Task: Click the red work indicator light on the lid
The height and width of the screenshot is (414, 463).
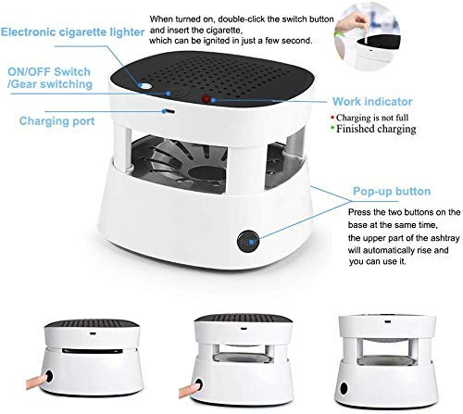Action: pos(205,97)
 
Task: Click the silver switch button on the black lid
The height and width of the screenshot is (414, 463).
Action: pos(145,86)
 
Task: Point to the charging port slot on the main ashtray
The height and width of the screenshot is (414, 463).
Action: pos(169,109)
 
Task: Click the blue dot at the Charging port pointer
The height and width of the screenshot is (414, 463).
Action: pos(144,112)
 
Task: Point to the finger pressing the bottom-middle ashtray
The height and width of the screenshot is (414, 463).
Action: pos(194,383)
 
